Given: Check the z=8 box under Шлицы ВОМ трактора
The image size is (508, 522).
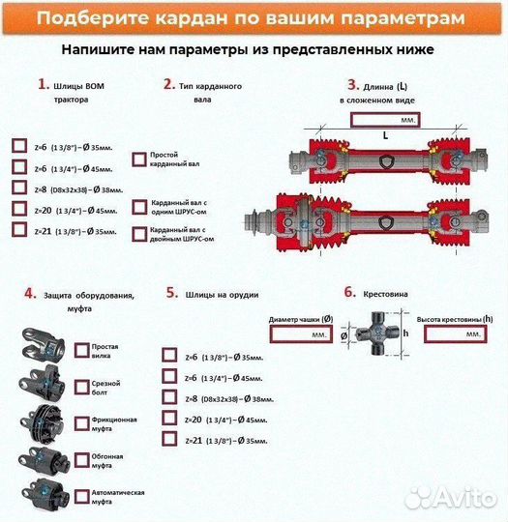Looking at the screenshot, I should [x=19, y=188].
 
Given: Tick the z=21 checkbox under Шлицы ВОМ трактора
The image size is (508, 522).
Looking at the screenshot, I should [x=19, y=230].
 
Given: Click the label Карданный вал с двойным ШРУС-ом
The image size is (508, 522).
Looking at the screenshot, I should [x=181, y=234].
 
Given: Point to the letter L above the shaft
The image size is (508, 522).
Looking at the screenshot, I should [x=384, y=136].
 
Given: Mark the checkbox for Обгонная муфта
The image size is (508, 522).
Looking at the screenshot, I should [x=80, y=459].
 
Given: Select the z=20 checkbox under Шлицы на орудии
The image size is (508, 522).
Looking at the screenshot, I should [x=169, y=419].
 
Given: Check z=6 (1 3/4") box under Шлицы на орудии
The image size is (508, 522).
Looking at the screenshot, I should [x=169, y=376].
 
